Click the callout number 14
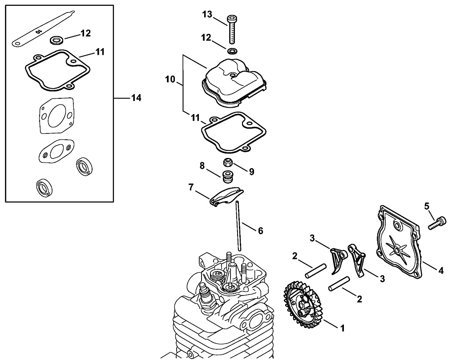136,98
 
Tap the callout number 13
207,15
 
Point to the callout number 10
170,80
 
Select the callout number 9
251,171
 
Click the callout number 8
202,166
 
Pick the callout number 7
191,188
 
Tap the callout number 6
261,231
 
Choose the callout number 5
426,206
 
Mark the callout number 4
441,270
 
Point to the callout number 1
342,328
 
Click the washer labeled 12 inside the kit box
56,40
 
